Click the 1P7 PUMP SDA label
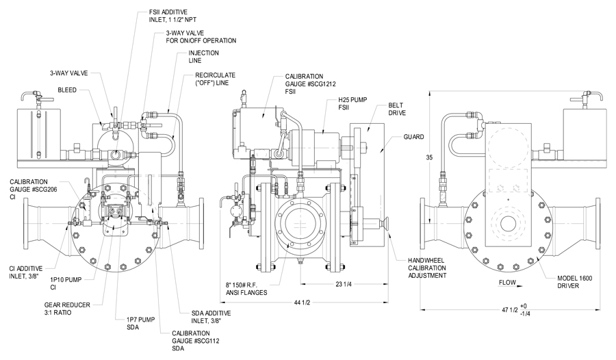(x=137, y=323)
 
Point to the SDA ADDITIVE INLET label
(x=214, y=317)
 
